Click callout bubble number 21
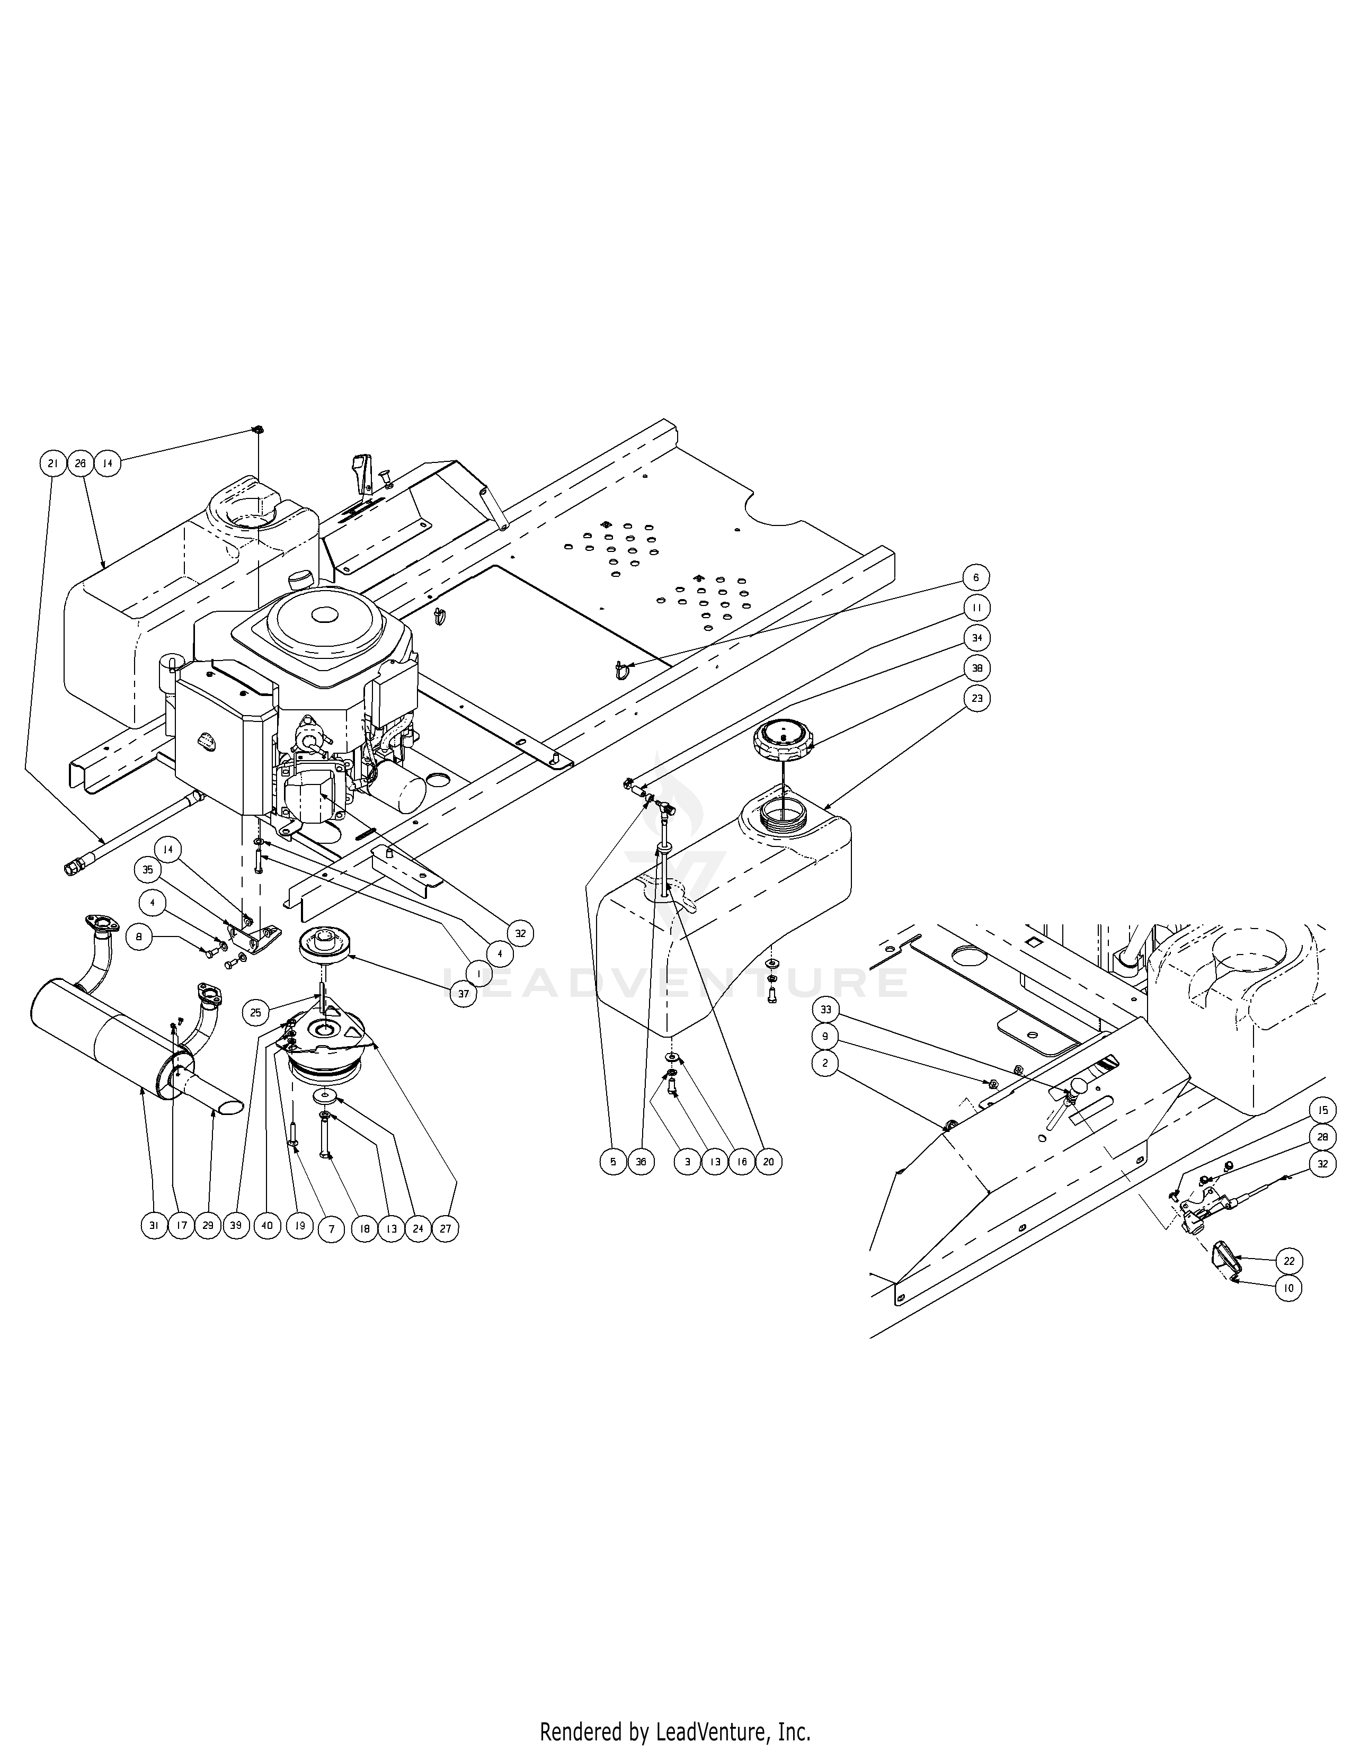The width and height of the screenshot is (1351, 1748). click(x=53, y=462)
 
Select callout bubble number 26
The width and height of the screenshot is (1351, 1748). click(x=80, y=462)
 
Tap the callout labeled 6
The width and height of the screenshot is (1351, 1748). click(x=975, y=577)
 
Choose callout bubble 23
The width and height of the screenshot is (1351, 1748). click(x=975, y=698)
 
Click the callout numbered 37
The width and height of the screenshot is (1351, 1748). click(x=464, y=994)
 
